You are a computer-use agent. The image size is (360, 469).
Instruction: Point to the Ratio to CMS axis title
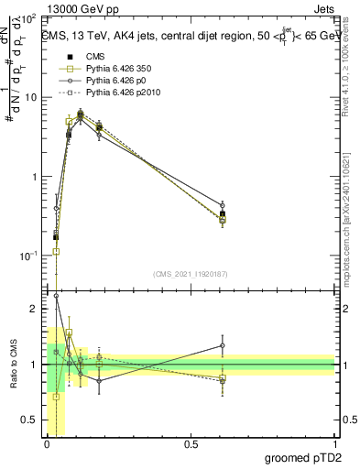tap(13, 364)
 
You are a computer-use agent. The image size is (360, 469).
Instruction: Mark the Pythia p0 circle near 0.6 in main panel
tap(223, 205)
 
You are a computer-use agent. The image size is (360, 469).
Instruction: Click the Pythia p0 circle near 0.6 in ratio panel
tap(223, 346)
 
